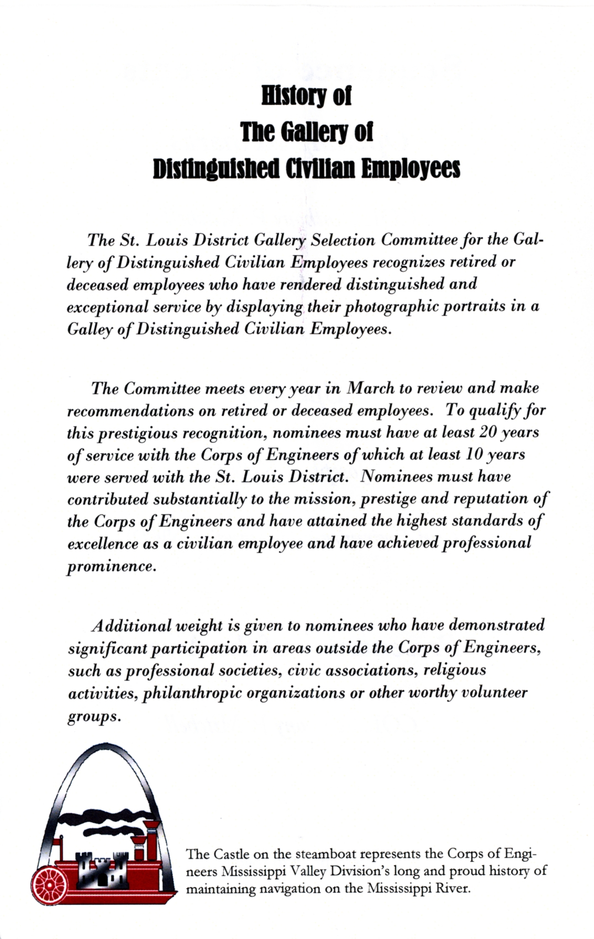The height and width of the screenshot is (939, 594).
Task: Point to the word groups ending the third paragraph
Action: click(x=93, y=717)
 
